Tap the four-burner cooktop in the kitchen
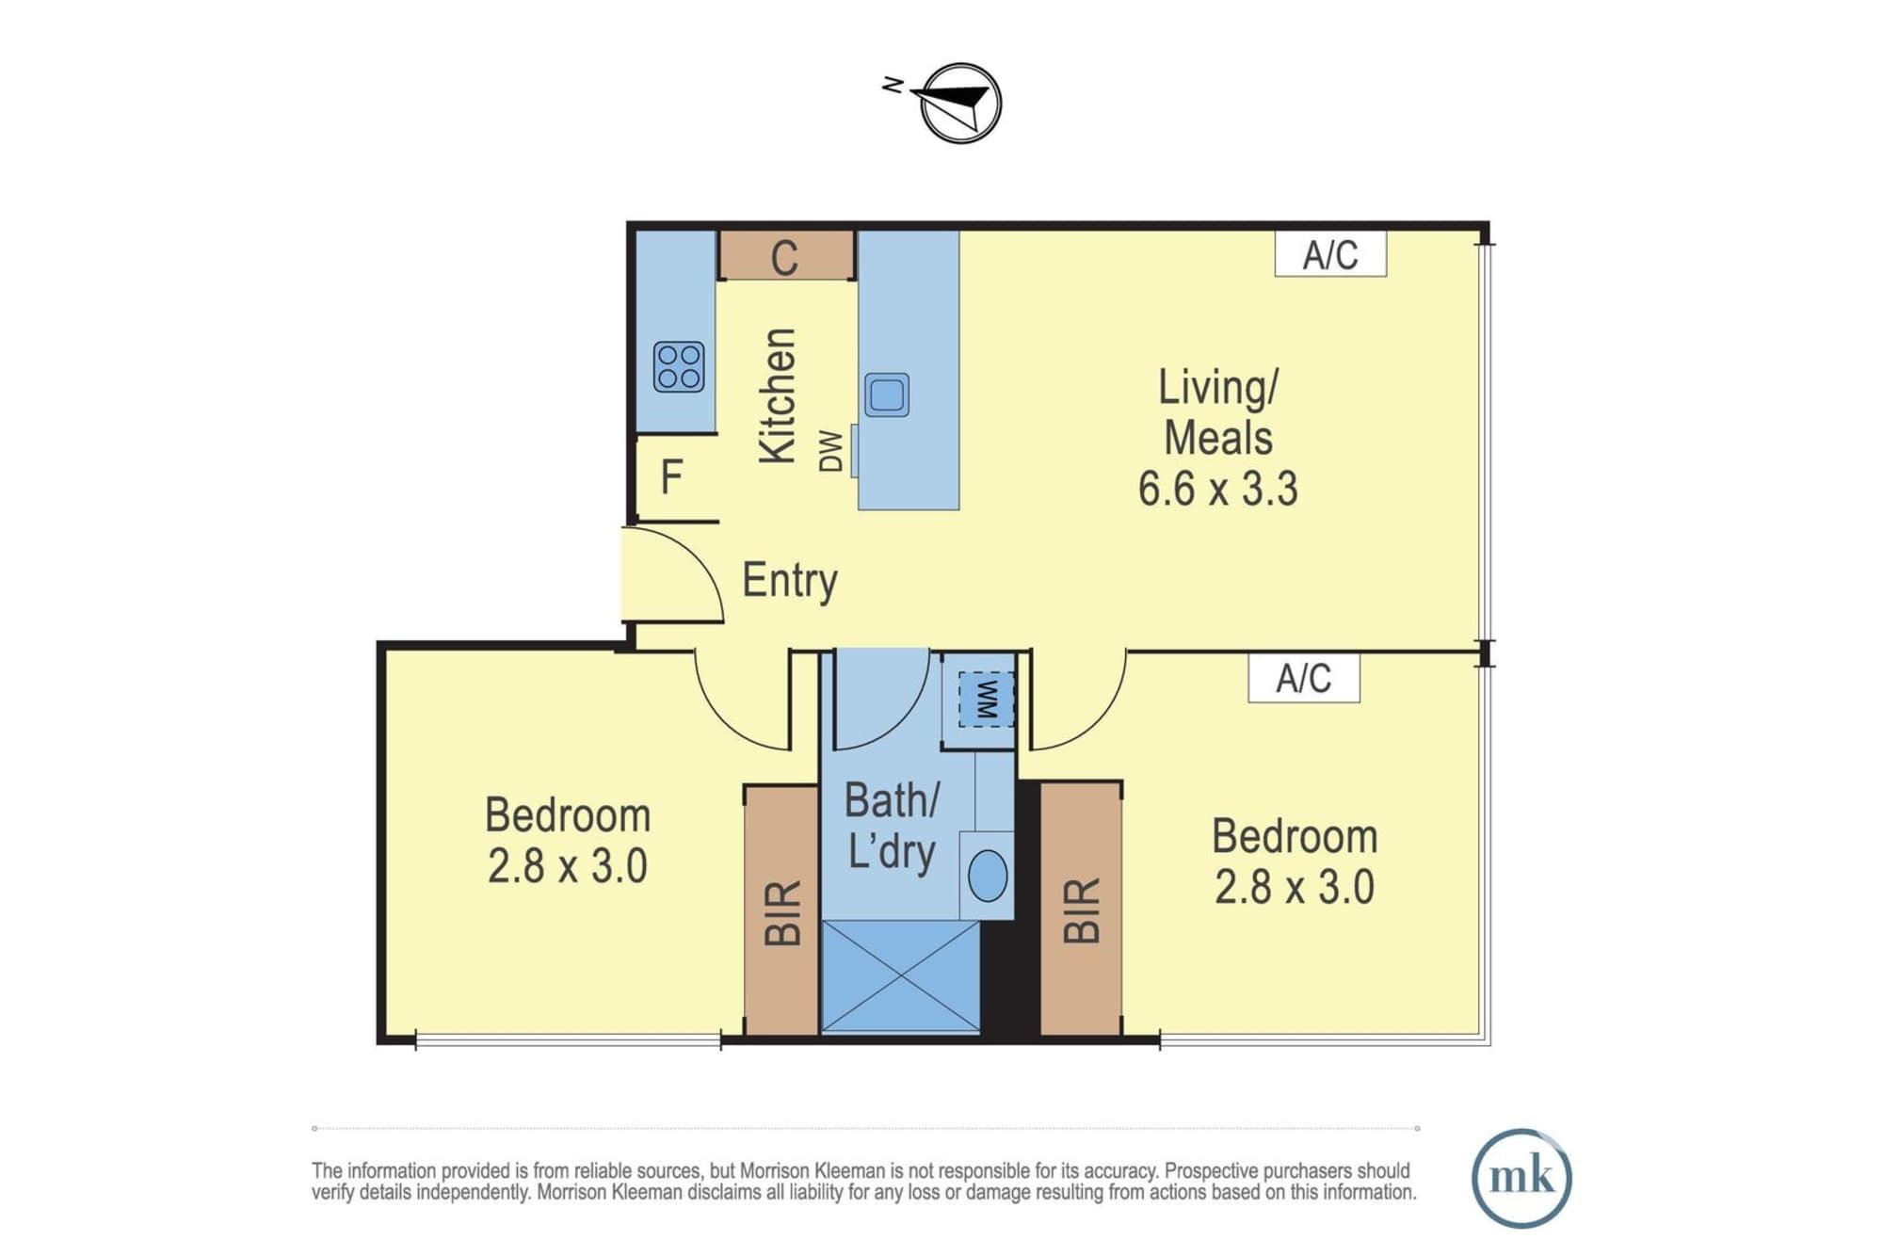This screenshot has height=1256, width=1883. [x=679, y=366]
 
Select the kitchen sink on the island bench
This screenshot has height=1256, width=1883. [x=887, y=395]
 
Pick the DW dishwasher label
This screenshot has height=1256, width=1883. [x=831, y=451]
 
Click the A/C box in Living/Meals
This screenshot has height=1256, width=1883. [x=1330, y=254]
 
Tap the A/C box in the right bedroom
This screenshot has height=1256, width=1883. [x=1304, y=678]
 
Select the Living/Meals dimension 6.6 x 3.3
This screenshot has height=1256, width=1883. [x=1218, y=490]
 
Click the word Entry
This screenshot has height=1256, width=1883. [x=790, y=580]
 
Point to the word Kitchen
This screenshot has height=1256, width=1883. [x=779, y=396]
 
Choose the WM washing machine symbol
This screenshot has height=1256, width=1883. [x=986, y=699]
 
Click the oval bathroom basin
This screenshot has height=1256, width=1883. [x=988, y=876]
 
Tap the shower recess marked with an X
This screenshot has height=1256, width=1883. [x=901, y=977]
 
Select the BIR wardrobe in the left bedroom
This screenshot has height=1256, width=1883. [x=781, y=911]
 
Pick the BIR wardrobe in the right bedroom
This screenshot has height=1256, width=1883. [x=1081, y=910]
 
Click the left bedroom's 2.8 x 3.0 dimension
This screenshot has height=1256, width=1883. [x=568, y=866]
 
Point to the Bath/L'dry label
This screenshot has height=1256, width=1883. [x=892, y=827]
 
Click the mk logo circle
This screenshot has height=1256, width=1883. [x=1521, y=1178]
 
